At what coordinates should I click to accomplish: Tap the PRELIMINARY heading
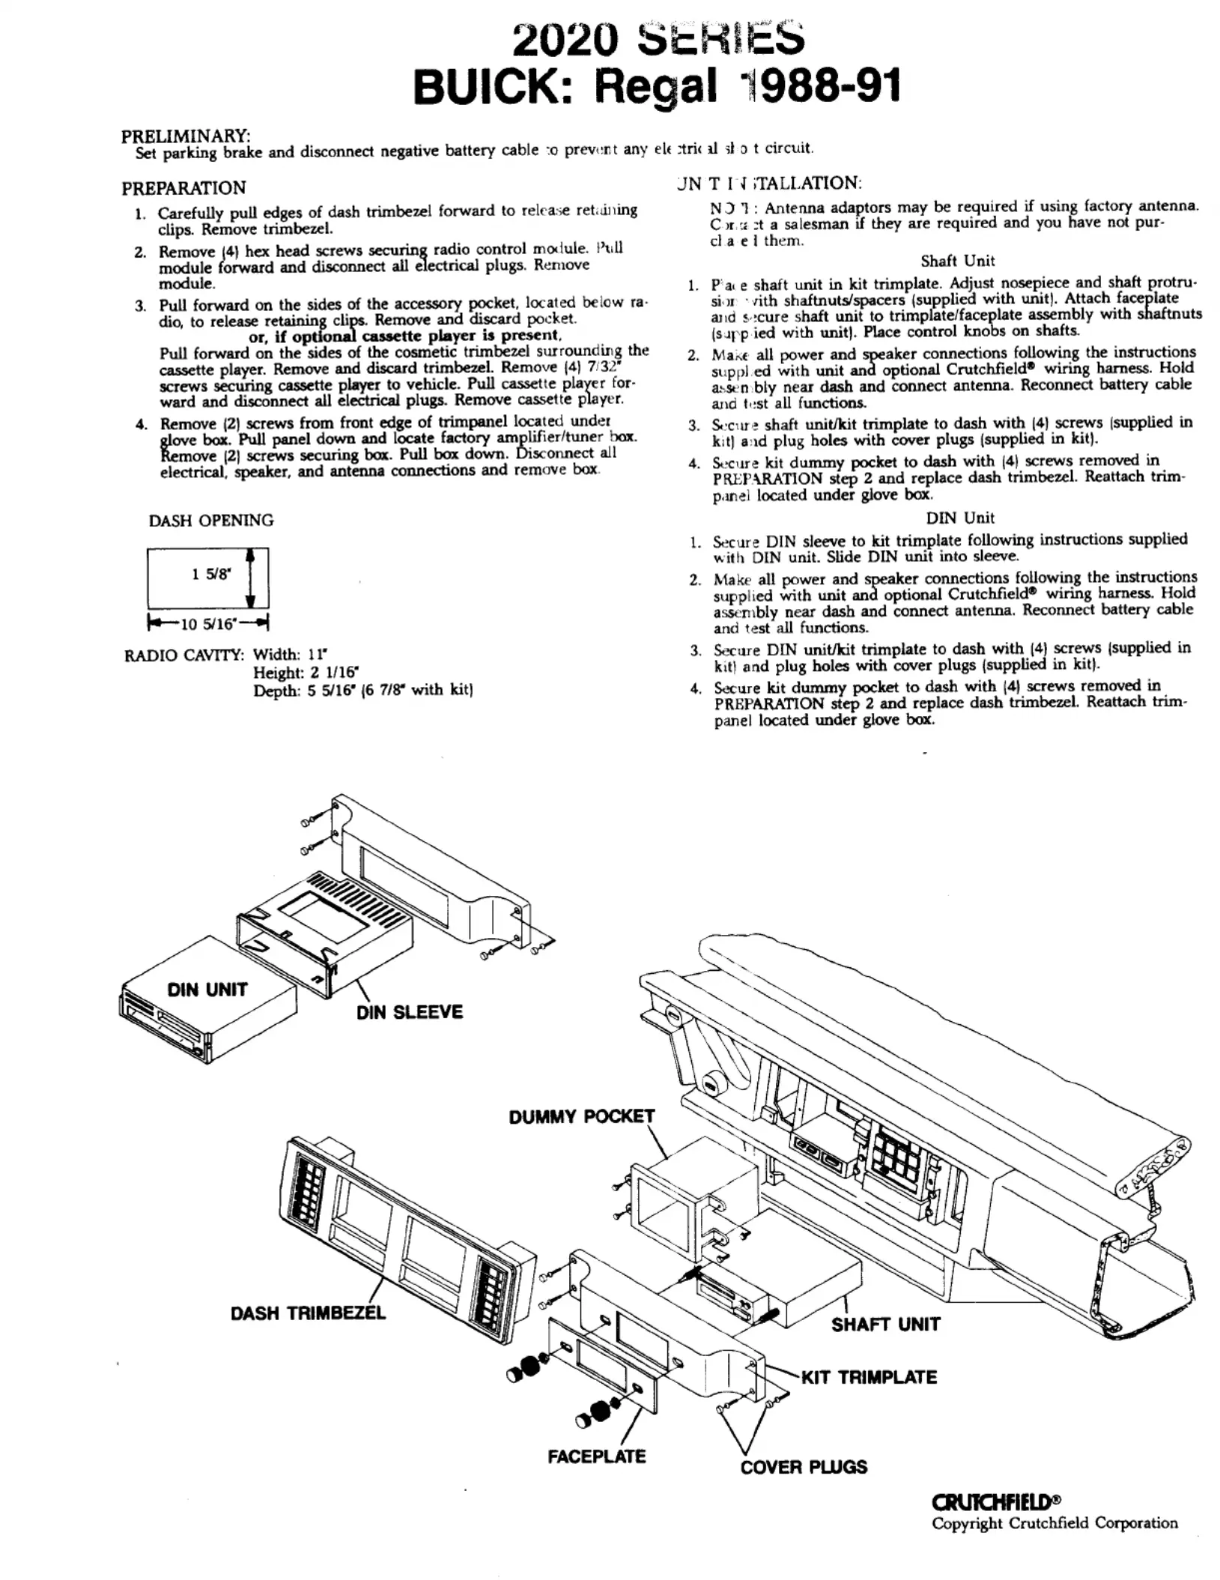click(186, 136)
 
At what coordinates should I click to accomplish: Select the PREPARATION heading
click(183, 187)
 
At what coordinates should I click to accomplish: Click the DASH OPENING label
click(211, 520)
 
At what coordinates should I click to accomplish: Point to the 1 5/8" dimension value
click(212, 575)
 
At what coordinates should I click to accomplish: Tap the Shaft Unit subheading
click(957, 261)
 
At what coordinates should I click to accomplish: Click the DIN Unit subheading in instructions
click(959, 518)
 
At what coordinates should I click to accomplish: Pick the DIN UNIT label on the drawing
click(207, 990)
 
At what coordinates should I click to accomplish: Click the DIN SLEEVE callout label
click(410, 1012)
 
